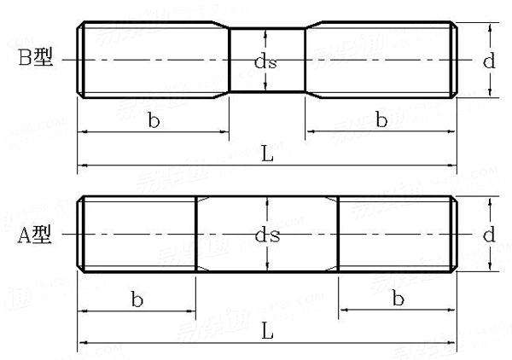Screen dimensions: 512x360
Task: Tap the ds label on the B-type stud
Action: [267, 61]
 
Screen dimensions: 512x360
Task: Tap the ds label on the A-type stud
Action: [267, 235]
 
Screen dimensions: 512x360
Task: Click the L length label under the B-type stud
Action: [266, 154]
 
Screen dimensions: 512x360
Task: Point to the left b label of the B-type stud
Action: [154, 120]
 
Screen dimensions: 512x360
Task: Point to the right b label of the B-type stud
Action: [381, 120]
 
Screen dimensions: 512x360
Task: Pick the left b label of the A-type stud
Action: [137, 298]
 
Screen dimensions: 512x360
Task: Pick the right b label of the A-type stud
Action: [398, 298]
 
